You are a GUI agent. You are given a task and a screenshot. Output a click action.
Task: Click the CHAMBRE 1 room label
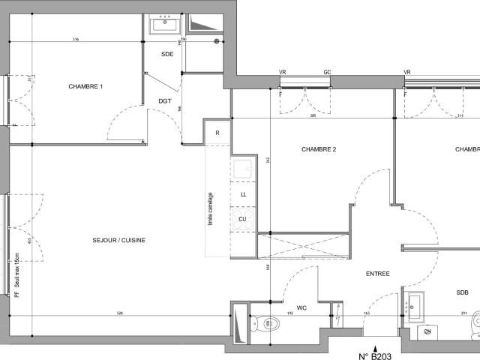[x=85, y=87]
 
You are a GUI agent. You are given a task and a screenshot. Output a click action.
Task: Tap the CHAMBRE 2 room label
[x=319, y=149]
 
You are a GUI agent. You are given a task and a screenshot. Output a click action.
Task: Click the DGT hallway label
[x=165, y=100]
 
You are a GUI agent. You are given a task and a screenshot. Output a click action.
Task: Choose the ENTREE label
[x=377, y=274]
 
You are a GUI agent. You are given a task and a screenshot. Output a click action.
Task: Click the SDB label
[x=462, y=292]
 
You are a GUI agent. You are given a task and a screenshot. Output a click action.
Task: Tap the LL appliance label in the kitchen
[x=243, y=193]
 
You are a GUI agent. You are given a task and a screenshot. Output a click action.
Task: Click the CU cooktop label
[x=243, y=219]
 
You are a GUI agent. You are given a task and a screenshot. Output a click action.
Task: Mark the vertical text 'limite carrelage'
[x=211, y=208]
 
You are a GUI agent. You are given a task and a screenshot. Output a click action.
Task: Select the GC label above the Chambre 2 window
[x=327, y=73]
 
